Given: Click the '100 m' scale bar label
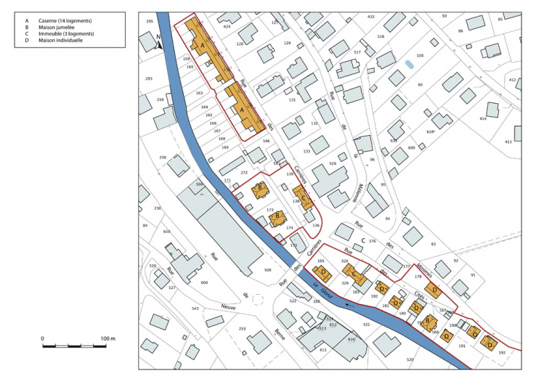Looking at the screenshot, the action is [108, 339].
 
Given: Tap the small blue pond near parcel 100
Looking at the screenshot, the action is [410, 65].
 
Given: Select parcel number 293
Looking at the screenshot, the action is [149, 78].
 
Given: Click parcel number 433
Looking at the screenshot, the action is [371, 16].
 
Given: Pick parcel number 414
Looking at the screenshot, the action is [483, 118].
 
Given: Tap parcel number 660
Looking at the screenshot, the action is [204, 282].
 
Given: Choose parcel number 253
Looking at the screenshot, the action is [241, 328].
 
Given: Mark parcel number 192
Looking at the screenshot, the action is [501, 352].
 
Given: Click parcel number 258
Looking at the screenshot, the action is [163, 158].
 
